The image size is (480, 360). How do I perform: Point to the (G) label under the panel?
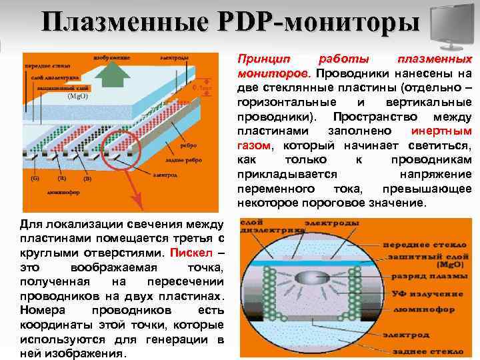35,179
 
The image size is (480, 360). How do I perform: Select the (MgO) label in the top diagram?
78,95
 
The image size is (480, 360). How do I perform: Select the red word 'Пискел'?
189,253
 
